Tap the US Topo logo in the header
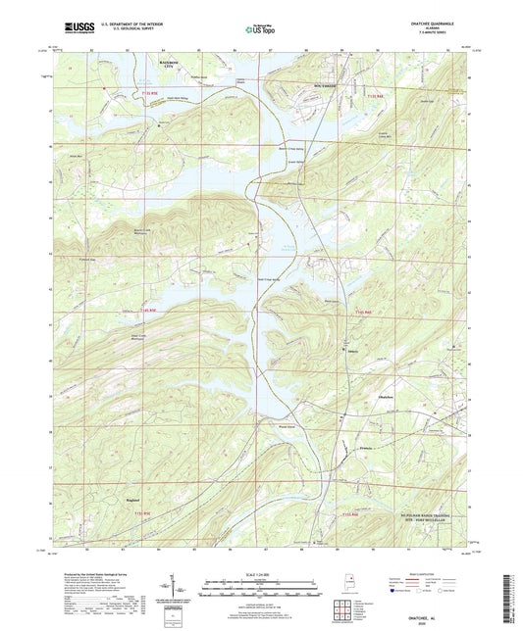point(257,30)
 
